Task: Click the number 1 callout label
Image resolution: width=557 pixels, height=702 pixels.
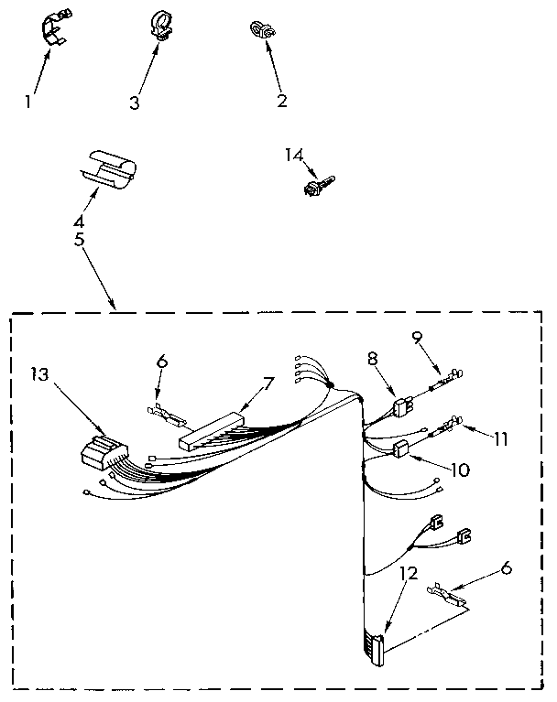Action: pyautogui.click(x=28, y=103)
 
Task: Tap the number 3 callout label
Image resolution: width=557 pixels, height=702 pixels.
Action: pyautogui.click(x=135, y=103)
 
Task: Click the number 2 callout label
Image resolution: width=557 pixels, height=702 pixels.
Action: pyautogui.click(x=281, y=100)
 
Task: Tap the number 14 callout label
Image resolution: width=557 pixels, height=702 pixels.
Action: pyautogui.click(x=293, y=157)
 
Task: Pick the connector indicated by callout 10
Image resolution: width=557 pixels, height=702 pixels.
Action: pyautogui.click(x=399, y=448)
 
